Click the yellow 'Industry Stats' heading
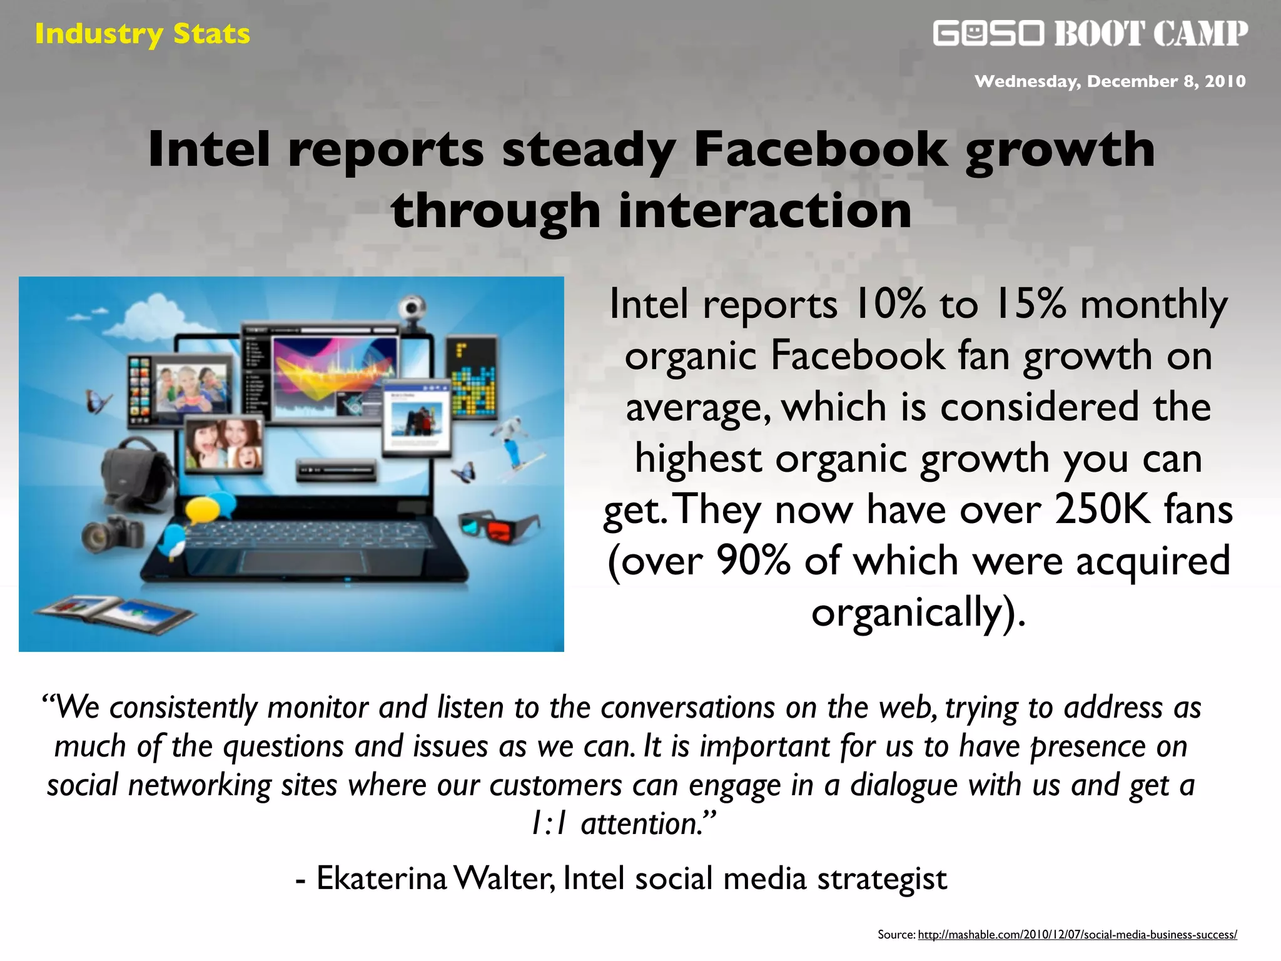coord(142,34)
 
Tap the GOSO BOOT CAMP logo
coord(1090,33)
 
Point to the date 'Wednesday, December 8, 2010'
coord(1110,81)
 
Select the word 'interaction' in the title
coord(764,210)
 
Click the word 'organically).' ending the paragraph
coord(918,612)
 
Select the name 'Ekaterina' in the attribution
coord(382,878)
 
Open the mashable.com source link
coord(1077,935)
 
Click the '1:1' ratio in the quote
coord(549,823)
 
